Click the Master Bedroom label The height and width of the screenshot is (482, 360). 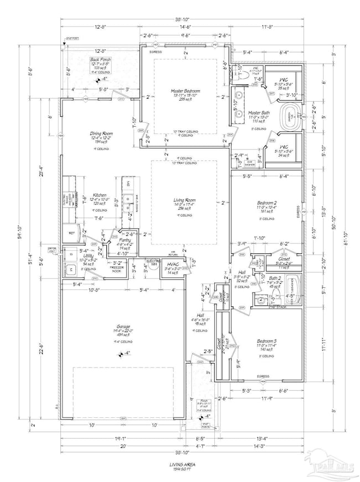click(x=185, y=91)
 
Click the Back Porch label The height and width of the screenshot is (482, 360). click(x=101, y=60)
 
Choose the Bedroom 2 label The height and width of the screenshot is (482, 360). click(x=268, y=203)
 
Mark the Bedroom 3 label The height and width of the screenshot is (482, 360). click(x=268, y=341)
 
